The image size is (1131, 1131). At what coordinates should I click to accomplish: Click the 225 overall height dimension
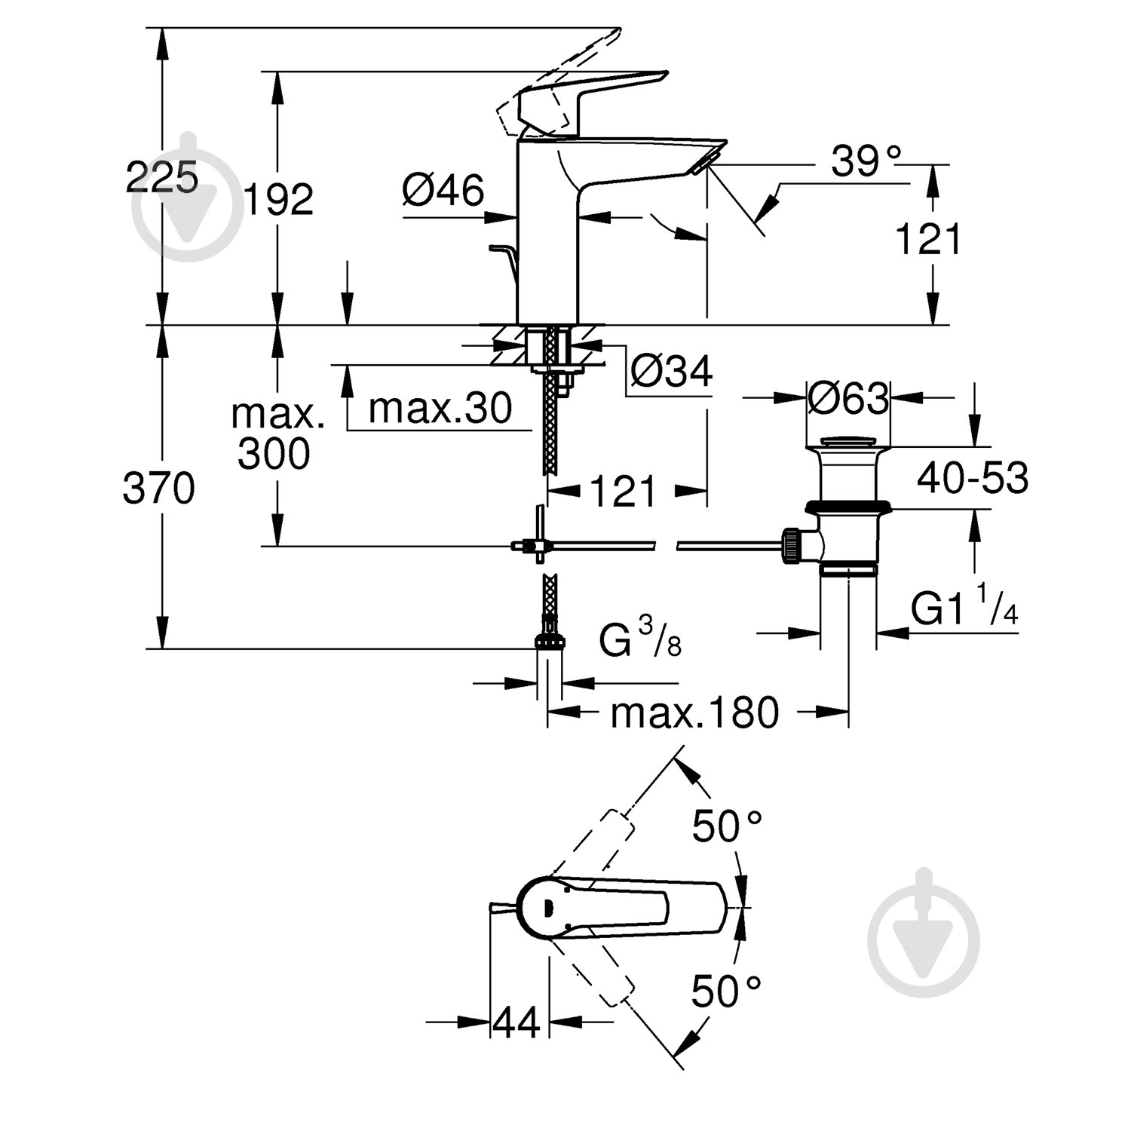point(161,178)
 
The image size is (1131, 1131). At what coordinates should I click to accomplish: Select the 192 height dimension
point(278,201)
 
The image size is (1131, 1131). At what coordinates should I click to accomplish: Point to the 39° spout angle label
point(866,161)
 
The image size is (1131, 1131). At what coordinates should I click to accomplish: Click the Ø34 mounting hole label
point(671,371)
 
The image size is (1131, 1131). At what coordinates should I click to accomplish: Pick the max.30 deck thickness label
point(440,409)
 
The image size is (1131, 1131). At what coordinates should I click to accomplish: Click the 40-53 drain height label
point(973,478)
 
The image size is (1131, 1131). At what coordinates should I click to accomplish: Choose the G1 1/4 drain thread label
point(964,609)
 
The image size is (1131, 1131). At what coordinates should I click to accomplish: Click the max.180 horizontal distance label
point(694,713)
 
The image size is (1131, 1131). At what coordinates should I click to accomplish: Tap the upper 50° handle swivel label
point(728,826)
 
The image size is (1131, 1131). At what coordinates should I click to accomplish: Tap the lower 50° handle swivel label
point(728,991)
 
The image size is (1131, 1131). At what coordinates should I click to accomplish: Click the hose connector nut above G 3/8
point(550,642)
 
